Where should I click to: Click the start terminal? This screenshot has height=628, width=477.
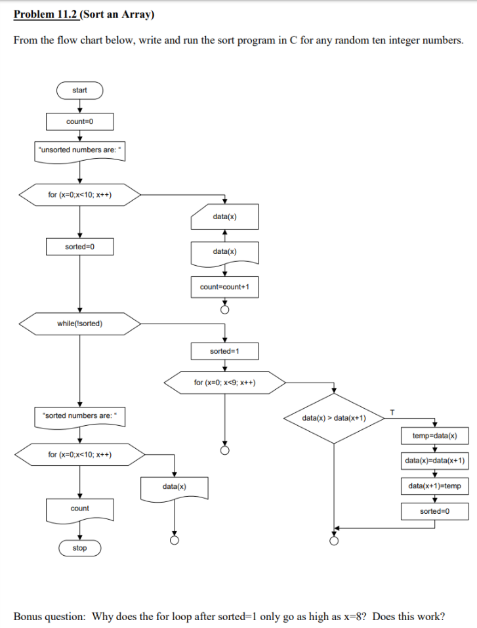79,90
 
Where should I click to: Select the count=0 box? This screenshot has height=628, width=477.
79,122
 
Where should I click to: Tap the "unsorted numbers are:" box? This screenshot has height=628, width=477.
79,150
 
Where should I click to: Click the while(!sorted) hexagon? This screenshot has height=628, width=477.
79,323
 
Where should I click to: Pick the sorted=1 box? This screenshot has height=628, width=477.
224,351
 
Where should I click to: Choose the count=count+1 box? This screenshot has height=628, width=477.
224,287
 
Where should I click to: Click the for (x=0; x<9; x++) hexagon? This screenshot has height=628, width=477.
224,383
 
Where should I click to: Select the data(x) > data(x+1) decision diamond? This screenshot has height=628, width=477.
334,417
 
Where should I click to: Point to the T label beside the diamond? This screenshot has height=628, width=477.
392,411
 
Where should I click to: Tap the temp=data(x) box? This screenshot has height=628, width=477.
434,436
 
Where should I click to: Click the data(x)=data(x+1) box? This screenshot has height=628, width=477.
434,461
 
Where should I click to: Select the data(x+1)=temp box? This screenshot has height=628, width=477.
434,486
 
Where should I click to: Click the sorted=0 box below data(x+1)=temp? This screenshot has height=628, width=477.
434,511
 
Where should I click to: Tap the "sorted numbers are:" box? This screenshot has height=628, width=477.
79,415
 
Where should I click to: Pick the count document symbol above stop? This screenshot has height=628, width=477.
79,509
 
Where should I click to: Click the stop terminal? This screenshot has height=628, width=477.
79,548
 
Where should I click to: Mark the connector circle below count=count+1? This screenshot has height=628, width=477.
224,310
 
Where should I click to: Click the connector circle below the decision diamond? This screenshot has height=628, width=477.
334,541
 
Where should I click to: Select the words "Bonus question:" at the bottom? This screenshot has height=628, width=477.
49,616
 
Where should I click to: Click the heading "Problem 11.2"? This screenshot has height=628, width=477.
45,14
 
